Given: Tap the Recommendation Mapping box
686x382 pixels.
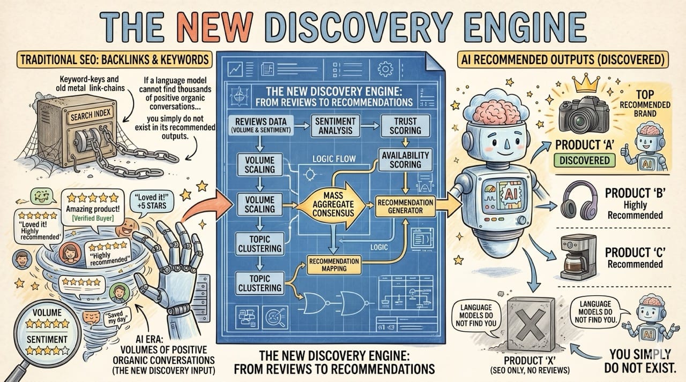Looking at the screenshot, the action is (x=334, y=264).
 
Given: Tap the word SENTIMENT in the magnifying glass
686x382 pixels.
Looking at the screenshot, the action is (x=47, y=339).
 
